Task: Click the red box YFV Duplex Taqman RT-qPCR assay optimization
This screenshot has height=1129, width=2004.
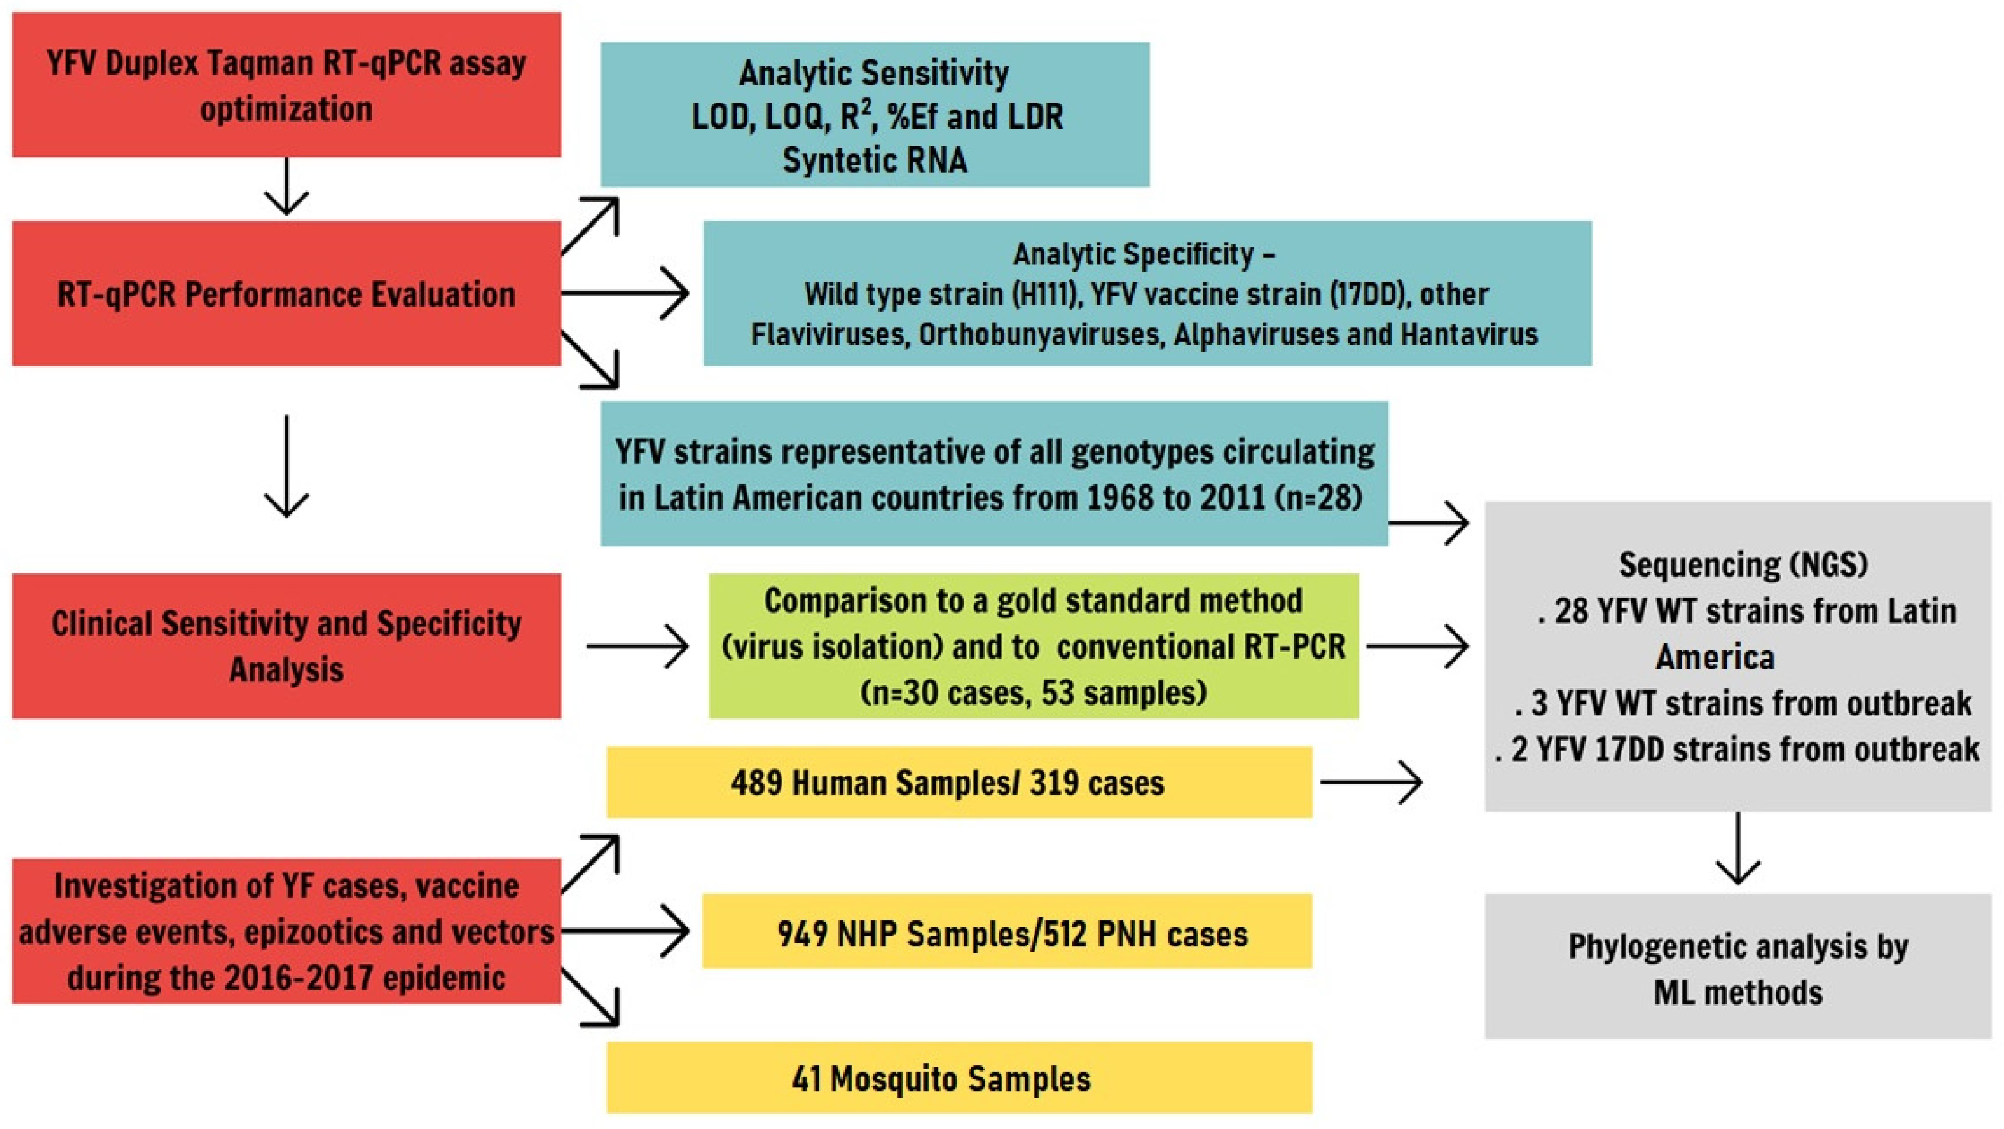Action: pos(286,84)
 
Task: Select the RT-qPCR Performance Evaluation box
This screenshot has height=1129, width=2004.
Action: pos(286,294)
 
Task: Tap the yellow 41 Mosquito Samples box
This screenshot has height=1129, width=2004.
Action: pos(958,1077)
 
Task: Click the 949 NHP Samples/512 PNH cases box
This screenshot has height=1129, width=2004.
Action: pos(1006,932)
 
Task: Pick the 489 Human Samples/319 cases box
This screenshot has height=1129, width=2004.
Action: pos(958,782)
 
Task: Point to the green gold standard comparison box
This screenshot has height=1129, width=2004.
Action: pos(1033,646)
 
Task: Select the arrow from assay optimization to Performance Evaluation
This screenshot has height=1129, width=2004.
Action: pos(286,187)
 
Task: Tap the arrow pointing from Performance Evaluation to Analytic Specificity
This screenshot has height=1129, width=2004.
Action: pos(627,294)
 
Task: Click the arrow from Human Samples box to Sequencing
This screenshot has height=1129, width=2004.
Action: pos(1371,782)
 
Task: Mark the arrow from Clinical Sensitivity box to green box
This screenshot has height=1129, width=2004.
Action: pos(638,646)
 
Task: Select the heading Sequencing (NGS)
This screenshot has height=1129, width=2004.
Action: pos(1743,565)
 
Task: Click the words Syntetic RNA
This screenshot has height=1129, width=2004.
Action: pos(874,160)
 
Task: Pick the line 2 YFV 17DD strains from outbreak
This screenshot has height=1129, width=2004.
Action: pos(1737,750)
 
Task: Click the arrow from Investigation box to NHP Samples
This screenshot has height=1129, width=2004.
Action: pos(627,930)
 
